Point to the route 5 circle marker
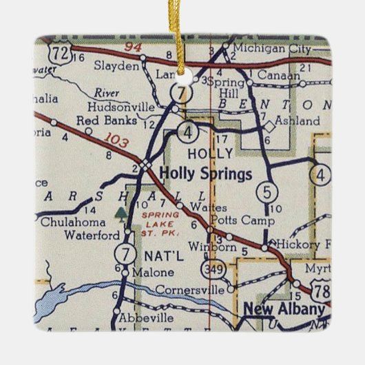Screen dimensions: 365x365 pos(266,190)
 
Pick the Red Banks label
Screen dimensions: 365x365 pos(99,121)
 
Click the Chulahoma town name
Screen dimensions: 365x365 pos(73,222)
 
